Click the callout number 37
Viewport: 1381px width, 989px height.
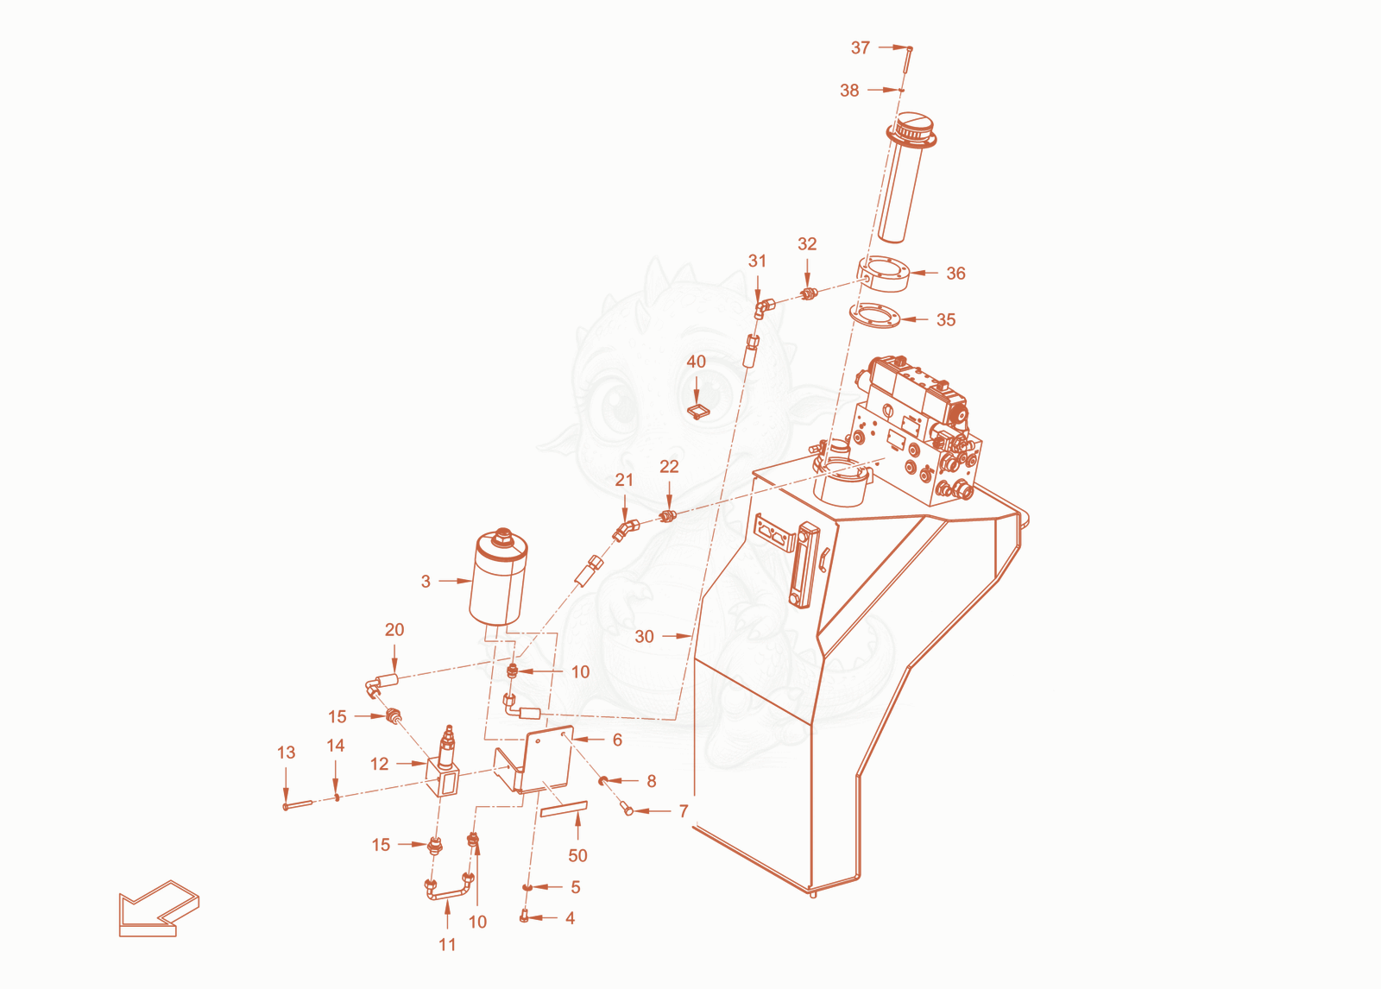point(860,47)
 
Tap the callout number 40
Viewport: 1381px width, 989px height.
point(696,362)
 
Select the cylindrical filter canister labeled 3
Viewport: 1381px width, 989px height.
point(498,577)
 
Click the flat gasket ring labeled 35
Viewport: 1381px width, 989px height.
point(875,315)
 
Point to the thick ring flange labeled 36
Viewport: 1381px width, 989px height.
point(884,274)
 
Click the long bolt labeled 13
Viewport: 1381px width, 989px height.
point(299,804)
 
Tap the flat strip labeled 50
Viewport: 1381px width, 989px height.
point(564,809)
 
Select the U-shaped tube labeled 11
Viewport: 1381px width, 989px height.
point(448,891)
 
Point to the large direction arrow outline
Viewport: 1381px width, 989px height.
point(159,908)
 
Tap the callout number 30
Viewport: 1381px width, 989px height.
point(644,636)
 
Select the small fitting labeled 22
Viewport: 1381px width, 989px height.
point(667,515)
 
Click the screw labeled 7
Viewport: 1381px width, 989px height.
point(627,809)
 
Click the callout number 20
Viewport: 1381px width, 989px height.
point(394,629)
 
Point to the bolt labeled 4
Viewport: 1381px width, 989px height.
point(524,917)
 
